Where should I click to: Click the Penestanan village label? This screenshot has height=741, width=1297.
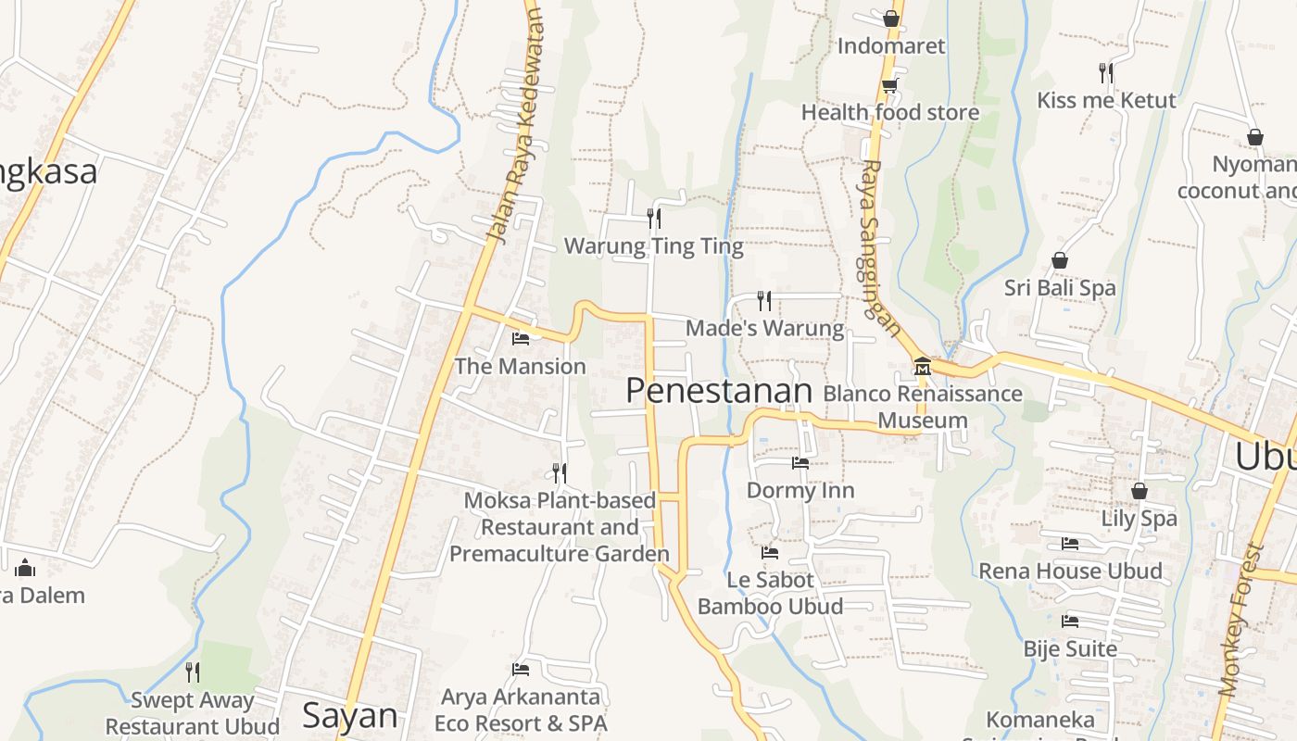[719, 391]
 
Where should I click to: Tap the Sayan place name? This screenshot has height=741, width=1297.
[350, 716]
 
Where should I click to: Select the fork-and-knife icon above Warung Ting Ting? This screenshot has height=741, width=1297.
[654, 219]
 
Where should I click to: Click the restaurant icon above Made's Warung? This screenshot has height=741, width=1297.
[764, 300]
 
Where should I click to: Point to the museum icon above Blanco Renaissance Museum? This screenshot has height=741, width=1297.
[922, 367]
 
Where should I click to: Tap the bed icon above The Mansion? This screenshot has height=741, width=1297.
[521, 339]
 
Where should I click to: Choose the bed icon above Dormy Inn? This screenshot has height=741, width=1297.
[800, 463]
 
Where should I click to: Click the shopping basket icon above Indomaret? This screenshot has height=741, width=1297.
[891, 19]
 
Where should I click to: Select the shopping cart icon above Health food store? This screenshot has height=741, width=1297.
[890, 85]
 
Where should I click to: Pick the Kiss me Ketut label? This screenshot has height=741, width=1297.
[1106, 100]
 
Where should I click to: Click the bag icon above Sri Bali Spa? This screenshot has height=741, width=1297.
[1060, 261]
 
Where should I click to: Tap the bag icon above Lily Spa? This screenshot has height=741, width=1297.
[1140, 491]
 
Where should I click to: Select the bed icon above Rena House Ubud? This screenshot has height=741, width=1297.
[1070, 544]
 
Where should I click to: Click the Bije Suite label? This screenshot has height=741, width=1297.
[1070, 648]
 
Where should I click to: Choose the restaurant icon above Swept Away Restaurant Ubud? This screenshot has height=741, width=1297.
[193, 672]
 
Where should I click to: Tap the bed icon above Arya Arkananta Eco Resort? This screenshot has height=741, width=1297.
[521, 670]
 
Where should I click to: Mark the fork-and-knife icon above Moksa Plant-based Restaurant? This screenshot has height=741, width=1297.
[560, 473]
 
